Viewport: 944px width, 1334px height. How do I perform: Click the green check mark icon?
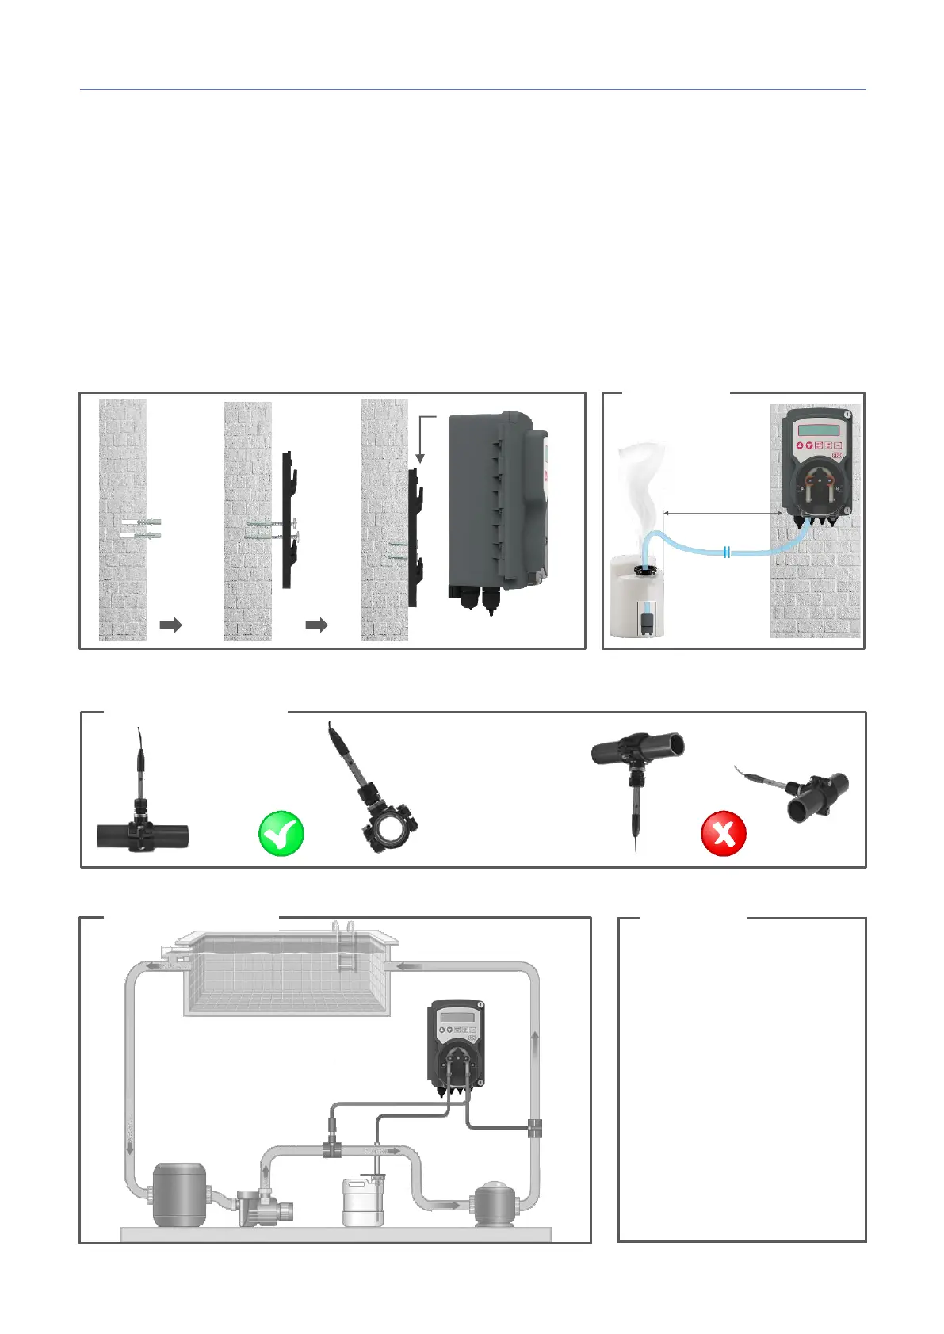[281, 834]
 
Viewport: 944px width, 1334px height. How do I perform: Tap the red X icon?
[724, 834]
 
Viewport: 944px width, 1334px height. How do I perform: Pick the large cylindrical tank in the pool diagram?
[179, 1194]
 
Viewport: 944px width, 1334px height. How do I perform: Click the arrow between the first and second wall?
[170, 625]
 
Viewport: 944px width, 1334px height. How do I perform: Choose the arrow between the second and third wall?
[316, 625]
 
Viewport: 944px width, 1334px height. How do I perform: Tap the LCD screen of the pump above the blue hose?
[818, 430]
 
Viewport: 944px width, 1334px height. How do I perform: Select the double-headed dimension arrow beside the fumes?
[724, 514]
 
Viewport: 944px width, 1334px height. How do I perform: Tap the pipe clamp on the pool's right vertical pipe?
[535, 1128]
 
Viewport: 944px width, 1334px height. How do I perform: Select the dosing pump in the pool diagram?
[456, 1046]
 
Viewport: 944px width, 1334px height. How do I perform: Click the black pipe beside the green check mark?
[143, 835]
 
